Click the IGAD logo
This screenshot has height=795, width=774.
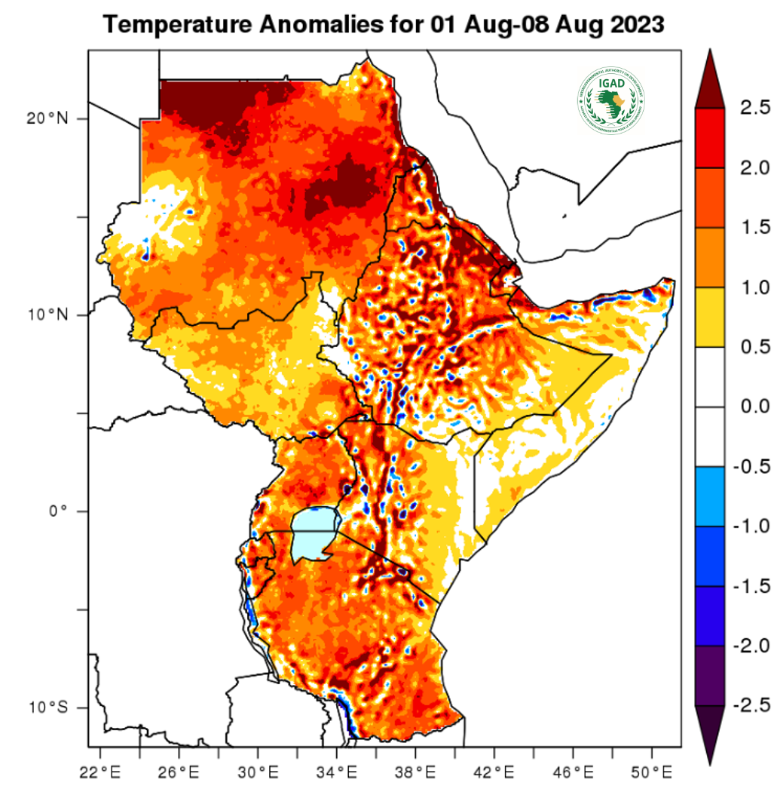click(612, 101)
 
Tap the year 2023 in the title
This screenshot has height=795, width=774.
click(638, 25)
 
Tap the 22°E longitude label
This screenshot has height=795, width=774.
click(100, 772)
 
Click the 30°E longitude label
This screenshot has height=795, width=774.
click(258, 772)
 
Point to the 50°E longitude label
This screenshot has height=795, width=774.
click(652, 772)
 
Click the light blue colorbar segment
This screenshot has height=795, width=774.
click(708, 496)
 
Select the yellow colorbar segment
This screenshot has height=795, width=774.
click(708, 317)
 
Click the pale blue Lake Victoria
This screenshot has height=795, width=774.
click(312, 533)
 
